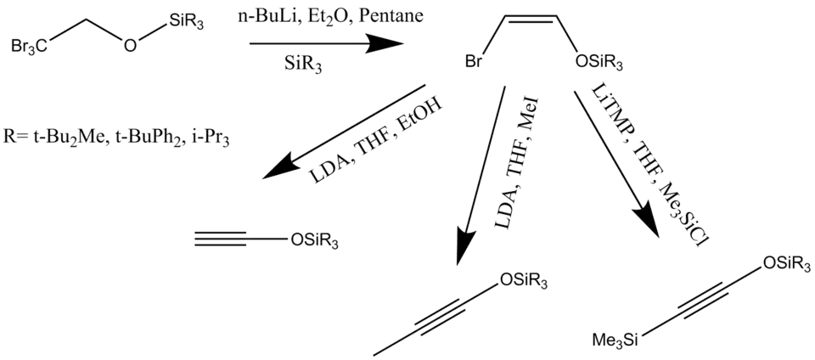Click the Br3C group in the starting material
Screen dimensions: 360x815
coord(30,47)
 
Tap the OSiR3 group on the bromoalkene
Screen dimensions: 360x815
coord(600,63)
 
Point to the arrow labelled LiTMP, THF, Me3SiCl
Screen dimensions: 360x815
coord(616,162)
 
